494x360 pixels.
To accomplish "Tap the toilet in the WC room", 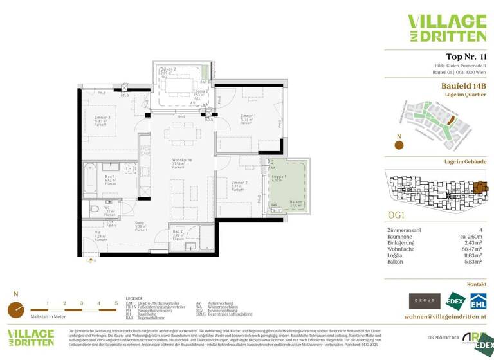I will tap(95, 209).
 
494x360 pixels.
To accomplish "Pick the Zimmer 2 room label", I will tap(238, 184).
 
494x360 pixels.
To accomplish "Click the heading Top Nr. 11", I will tap(466, 57).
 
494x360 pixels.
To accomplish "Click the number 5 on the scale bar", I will tap(116, 302).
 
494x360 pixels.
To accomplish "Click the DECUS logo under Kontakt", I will tap(425, 300).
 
